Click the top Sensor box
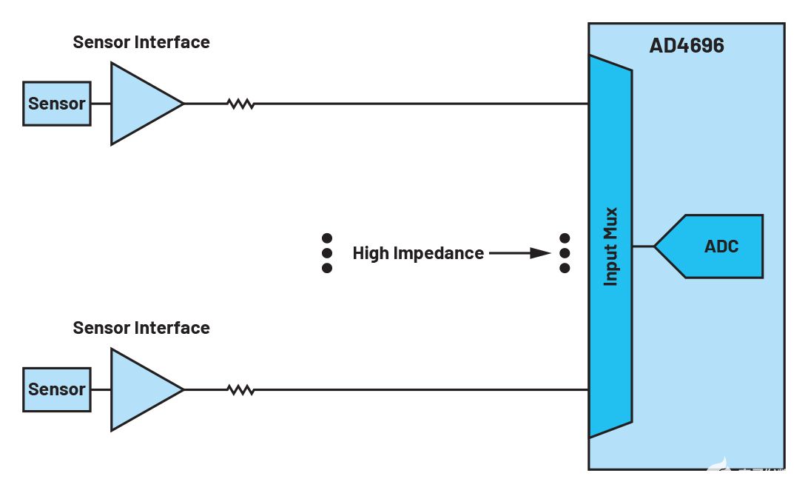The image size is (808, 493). (x=56, y=104)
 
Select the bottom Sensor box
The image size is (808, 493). (x=56, y=389)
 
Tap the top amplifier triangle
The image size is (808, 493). (x=141, y=104)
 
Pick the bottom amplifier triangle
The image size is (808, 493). (x=141, y=389)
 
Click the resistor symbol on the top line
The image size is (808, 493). (x=240, y=104)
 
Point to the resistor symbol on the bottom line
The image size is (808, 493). (x=240, y=389)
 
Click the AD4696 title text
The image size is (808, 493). (x=686, y=46)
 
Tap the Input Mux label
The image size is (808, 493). (x=610, y=246)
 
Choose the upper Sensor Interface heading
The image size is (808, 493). (x=141, y=42)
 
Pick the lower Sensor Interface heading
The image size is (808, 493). (x=141, y=328)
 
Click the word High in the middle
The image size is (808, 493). (x=370, y=253)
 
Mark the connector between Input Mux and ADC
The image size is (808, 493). (x=643, y=246)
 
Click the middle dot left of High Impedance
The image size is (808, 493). (x=327, y=253)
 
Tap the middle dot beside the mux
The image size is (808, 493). (x=565, y=253)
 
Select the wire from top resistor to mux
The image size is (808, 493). (x=422, y=104)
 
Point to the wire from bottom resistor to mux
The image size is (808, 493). (x=422, y=389)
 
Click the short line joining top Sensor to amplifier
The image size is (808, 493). (x=101, y=104)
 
